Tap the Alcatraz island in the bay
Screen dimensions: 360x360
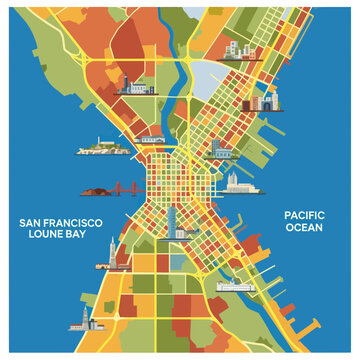coord(98,150)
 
